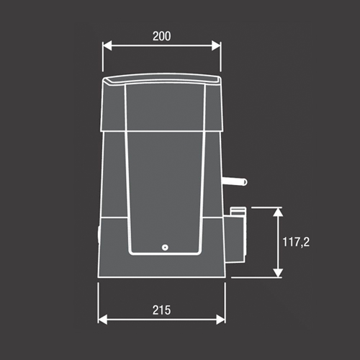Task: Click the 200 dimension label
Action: tap(162, 36)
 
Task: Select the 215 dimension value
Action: tap(162, 310)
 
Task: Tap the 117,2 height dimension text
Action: tap(296, 242)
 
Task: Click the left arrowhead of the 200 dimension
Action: tap(107, 45)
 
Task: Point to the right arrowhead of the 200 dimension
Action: tap(216, 45)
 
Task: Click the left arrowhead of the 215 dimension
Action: tap(103, 320)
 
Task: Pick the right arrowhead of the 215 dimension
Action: tap(220, 320)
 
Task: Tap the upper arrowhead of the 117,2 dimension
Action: tap(278, 212)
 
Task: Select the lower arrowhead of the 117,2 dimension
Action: tap(278, 273)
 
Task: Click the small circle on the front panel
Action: tap(165, 248)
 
